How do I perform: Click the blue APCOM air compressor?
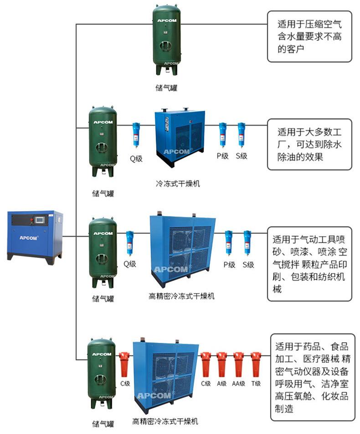(x=35, y=236)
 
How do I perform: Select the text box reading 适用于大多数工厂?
(x=309, y=145)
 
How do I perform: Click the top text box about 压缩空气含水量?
(x=309, y=36)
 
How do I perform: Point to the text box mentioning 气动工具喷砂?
(x=309, y=264)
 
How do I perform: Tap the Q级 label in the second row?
(x=136, y=159)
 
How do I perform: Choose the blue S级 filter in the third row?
(x=247, y=243)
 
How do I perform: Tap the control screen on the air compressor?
(x=40, y=220)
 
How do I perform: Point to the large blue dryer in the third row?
(x=183, y=247)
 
